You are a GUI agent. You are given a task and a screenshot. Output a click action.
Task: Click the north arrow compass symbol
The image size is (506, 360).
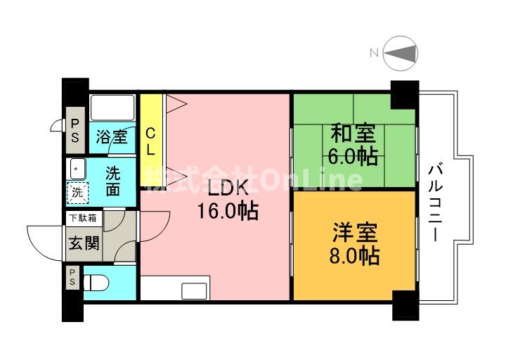tap(403, 53)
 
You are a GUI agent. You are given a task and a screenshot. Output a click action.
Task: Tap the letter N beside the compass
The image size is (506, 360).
tap(375, 52)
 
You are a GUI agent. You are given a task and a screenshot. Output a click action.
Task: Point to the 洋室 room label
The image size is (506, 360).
tap(355, 231)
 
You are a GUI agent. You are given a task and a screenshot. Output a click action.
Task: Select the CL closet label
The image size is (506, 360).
tap(150, 141)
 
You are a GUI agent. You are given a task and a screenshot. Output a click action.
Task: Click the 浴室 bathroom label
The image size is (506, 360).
tap(112, 136)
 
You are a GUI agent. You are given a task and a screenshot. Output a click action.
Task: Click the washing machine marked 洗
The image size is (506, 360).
tap(77, 192)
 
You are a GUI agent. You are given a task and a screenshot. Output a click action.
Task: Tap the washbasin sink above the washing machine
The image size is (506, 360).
tap(76, 169)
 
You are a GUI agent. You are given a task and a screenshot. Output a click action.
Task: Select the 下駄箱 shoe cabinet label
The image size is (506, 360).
tap(83, 218)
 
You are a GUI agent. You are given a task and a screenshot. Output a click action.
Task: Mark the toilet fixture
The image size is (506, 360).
tap(96, 283)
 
